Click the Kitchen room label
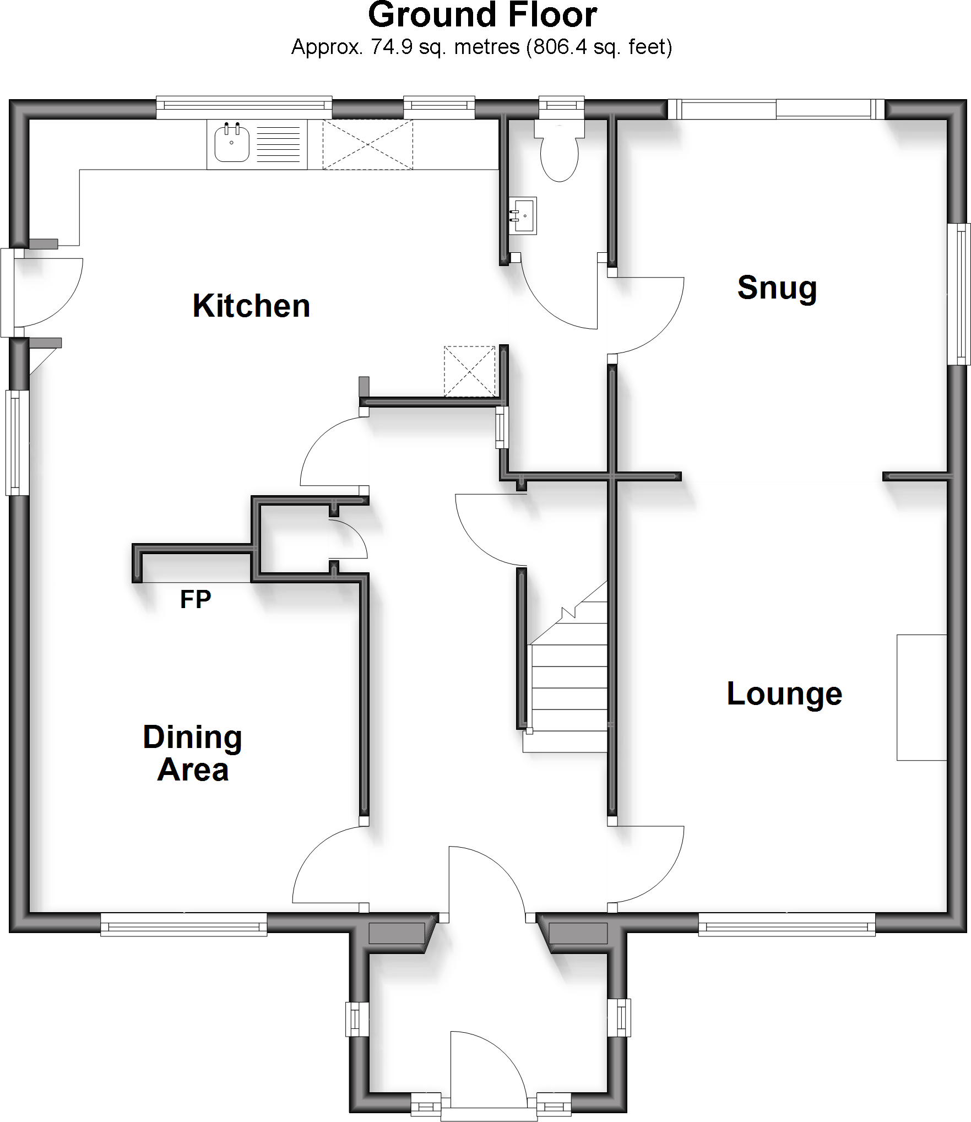(x=251, y=306)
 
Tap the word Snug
(x=777, y=288)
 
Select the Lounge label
(x=784, y=694)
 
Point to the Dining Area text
(x=193, y=753)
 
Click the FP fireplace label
(x=196, y=599)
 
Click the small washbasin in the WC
(x=522, y=216)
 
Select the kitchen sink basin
(x=232, y=143)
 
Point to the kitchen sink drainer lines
(x=279, y=144)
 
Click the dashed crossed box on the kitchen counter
(x=367, y=145)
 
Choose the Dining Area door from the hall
(x=328, y=865)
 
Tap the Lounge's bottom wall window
(x=786, y=924)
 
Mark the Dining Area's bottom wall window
(x=183, y=924)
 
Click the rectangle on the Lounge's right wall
(x=921, y=697)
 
